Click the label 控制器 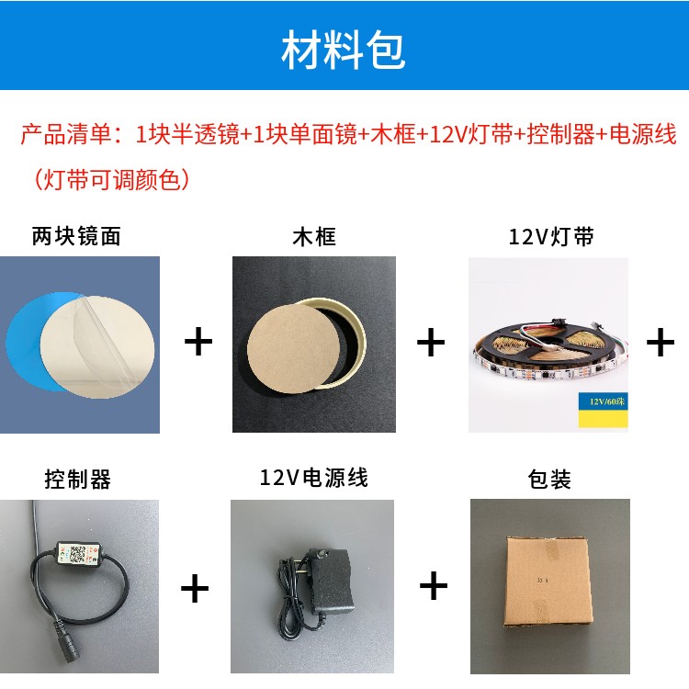pos(78,479)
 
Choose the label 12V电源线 pos(313,478)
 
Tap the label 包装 pos(549,479)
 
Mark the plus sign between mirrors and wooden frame pos(198,343)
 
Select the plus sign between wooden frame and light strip pos(430,343)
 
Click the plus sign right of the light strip pos(660,343)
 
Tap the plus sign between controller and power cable pos(195,586)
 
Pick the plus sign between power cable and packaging pos(433,584)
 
